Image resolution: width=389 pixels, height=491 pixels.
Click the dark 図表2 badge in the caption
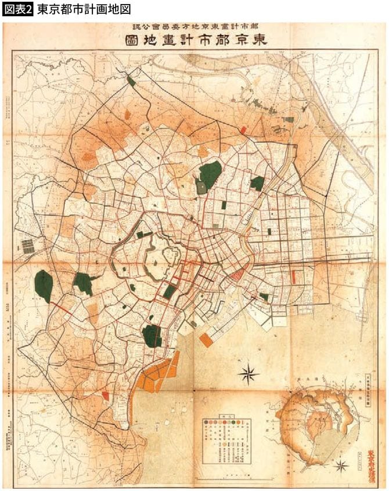point(17,9)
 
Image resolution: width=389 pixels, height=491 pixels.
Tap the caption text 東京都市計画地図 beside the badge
point(83,9)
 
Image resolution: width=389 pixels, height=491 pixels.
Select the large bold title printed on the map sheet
point(194,41)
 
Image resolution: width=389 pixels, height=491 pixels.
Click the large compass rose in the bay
point(248,374)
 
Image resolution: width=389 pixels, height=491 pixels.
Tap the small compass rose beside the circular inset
point(341,465)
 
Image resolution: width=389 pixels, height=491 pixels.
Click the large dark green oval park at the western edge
point(44,285)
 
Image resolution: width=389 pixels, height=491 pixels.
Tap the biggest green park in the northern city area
point(210,174)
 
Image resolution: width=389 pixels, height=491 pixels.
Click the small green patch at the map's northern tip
point(132,81)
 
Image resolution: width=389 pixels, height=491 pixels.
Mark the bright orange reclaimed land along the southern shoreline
point(156,375)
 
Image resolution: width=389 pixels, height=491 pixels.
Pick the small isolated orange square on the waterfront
point(206,340)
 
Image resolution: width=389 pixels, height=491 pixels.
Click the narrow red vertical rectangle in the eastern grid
point(294,277)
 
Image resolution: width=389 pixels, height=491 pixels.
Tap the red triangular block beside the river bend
point(237,275)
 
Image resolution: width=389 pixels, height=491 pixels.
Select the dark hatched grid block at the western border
point(28,246)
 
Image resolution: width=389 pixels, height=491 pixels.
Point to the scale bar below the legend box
point(232,476)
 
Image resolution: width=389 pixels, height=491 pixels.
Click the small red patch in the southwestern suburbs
point(105,395)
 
